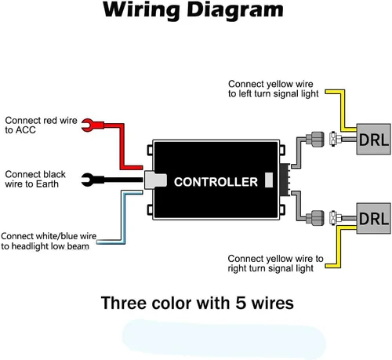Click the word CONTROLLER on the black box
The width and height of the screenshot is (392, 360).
click(x=216, y=182)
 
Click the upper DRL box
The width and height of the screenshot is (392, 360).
click(x=374, y=140)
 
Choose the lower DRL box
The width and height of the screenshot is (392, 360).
click(x=374, y=218)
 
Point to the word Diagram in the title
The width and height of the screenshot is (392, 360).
click(x=235, y=11)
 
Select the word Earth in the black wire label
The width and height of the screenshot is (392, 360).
click(x=47, y=184)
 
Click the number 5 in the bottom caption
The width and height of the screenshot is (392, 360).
click(x=241, y=303)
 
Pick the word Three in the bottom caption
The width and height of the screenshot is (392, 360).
click(x=124, y=303)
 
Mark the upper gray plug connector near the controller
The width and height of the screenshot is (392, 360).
click(x=315, y=140)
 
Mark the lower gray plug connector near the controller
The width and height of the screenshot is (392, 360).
click(x=315, y=218)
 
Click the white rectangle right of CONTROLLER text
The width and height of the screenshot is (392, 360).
click(x=269, y=180)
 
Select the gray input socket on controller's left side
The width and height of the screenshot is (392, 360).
click(x=155, y=180)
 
